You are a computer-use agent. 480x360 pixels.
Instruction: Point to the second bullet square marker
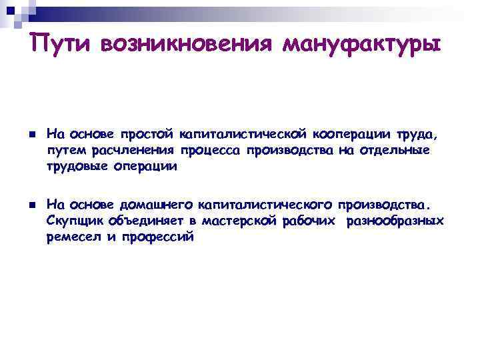click(31, 203)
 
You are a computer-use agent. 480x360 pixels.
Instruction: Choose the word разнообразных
click(395, 221)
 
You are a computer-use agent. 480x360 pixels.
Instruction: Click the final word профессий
click(157, 237)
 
